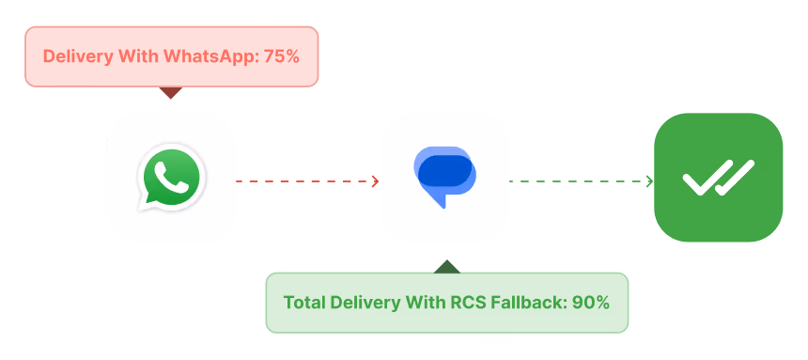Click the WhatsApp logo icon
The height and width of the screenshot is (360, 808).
[171, 178]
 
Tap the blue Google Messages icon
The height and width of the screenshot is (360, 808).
[444, 177]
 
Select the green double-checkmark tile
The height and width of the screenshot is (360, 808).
[719, 177]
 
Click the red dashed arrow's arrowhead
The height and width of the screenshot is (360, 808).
[376, 181]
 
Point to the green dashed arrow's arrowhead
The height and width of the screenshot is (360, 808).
[650, 181]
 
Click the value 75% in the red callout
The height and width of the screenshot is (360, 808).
[281, 56]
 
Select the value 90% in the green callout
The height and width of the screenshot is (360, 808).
[591, 303]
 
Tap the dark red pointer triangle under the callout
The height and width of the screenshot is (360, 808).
[171, 93]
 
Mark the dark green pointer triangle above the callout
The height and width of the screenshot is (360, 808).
[447, 267]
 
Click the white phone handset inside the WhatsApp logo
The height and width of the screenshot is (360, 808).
[172, 177]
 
